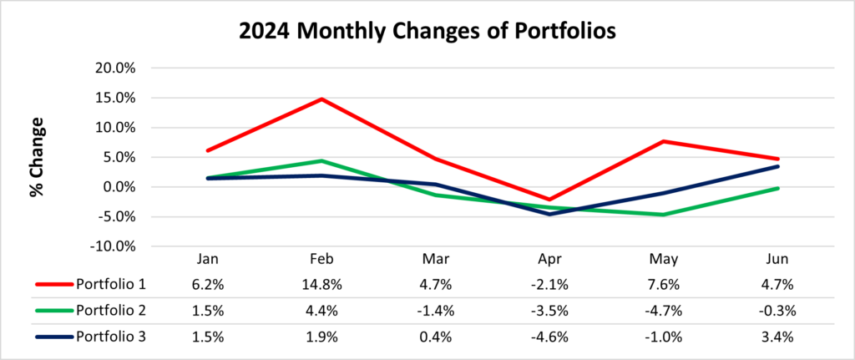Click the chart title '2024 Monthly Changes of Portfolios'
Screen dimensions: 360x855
click(427, 32)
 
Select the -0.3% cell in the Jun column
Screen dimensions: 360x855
click(777, 311)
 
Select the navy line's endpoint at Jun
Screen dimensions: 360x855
click(777, 166)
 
